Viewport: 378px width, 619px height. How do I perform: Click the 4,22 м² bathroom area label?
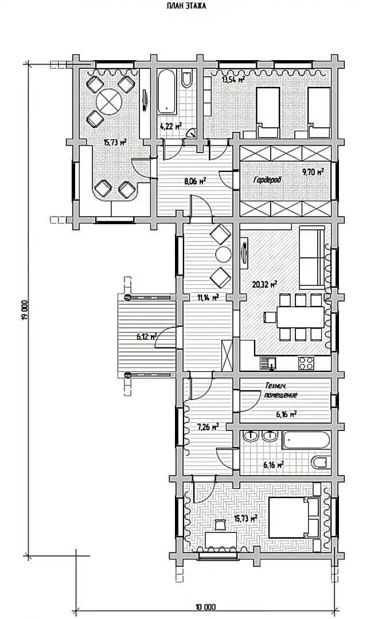(x=170, y=126)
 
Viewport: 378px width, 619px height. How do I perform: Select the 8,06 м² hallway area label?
(x=196, y=181)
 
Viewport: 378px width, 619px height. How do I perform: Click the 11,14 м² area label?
(x=208, y=297)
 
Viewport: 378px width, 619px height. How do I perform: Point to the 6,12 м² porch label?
(x=146, y=337)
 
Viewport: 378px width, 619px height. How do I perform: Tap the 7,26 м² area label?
(x=208, y=427)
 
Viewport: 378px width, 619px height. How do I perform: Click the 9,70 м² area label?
(x=313, y=172)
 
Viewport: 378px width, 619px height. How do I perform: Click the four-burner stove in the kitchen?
(x=305, y=362)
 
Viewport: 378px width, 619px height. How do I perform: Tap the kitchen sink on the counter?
(x=268, y=362)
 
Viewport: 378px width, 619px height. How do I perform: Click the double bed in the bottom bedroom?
(x=294, y=517)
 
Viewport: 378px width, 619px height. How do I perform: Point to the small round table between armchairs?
(x=224, y=254)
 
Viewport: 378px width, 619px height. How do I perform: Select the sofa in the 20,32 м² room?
(x=311, y=257)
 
